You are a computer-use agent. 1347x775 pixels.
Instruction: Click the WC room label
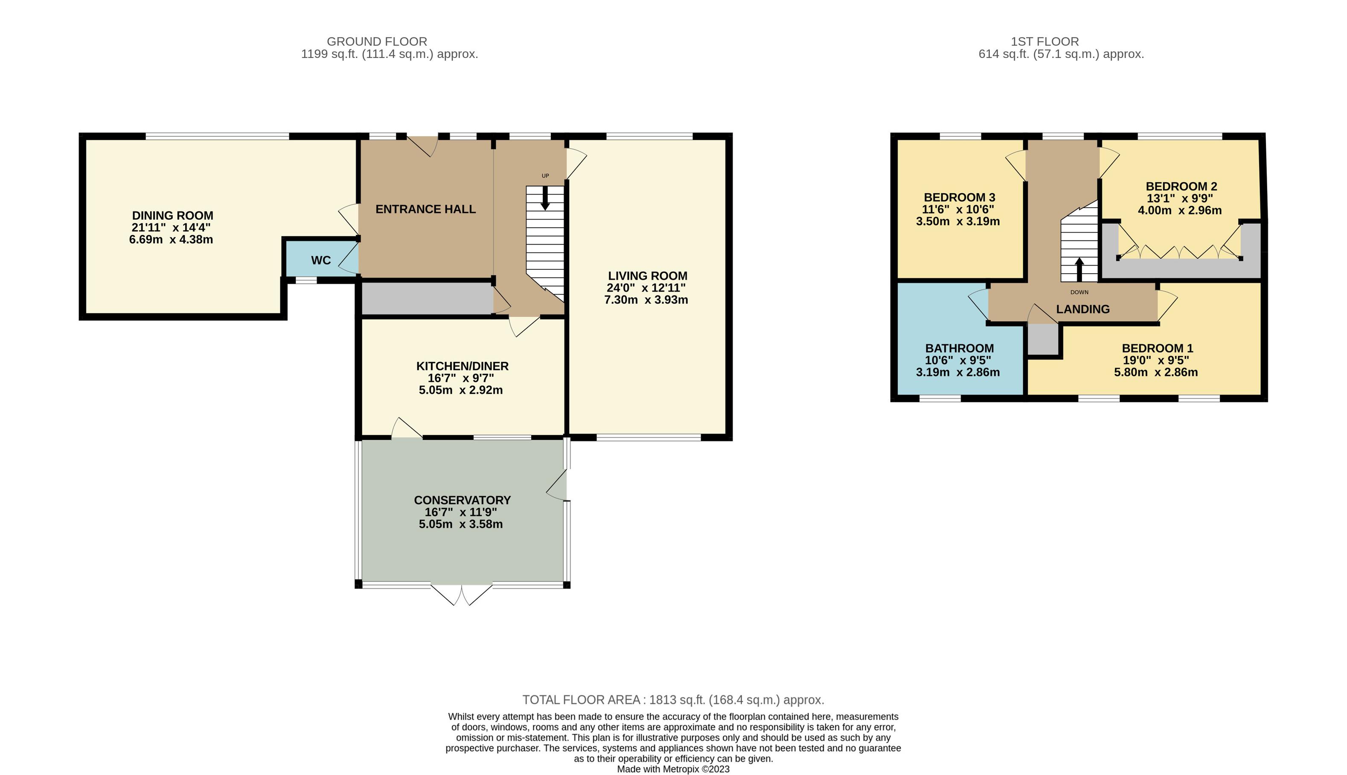click(320, 260)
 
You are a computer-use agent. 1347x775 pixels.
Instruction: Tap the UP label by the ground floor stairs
click(545, 176)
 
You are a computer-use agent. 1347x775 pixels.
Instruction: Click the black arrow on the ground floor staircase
click(545, 198)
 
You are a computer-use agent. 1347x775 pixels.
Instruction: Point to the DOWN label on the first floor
click(1079, 292)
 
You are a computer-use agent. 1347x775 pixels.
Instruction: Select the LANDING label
click(1082, 309)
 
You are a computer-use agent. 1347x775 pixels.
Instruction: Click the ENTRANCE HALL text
click(425, 209)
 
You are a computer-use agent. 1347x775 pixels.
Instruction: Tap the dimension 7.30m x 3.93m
click(646, 300)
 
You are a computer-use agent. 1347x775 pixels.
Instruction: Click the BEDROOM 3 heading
click(959, 197)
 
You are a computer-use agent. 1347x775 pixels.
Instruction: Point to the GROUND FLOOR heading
click(377, 41)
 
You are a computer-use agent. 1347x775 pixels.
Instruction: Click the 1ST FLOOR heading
click(1044, 41)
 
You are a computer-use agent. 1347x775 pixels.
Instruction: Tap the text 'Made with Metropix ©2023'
click(673, 769)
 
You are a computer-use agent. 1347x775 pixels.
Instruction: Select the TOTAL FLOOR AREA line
click(673, 700)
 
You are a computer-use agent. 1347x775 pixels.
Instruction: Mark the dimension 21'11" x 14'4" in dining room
click(171, 227)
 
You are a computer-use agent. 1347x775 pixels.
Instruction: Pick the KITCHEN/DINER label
click(462, 366)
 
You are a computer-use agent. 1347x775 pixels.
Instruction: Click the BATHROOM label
click(959, 348)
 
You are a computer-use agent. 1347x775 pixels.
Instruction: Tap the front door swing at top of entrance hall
click(423, 146)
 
